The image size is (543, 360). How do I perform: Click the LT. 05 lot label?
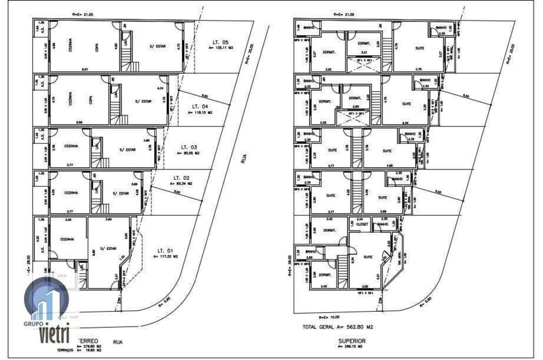220,42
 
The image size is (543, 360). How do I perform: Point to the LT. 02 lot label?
181,178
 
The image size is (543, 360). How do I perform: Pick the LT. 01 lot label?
165,250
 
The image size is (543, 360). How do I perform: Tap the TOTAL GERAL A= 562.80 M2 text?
339,327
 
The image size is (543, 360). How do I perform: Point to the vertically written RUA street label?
244,158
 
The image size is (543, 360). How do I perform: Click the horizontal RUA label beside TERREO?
117,342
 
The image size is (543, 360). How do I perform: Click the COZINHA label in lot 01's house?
67,238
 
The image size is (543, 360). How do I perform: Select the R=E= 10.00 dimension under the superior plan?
329,317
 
